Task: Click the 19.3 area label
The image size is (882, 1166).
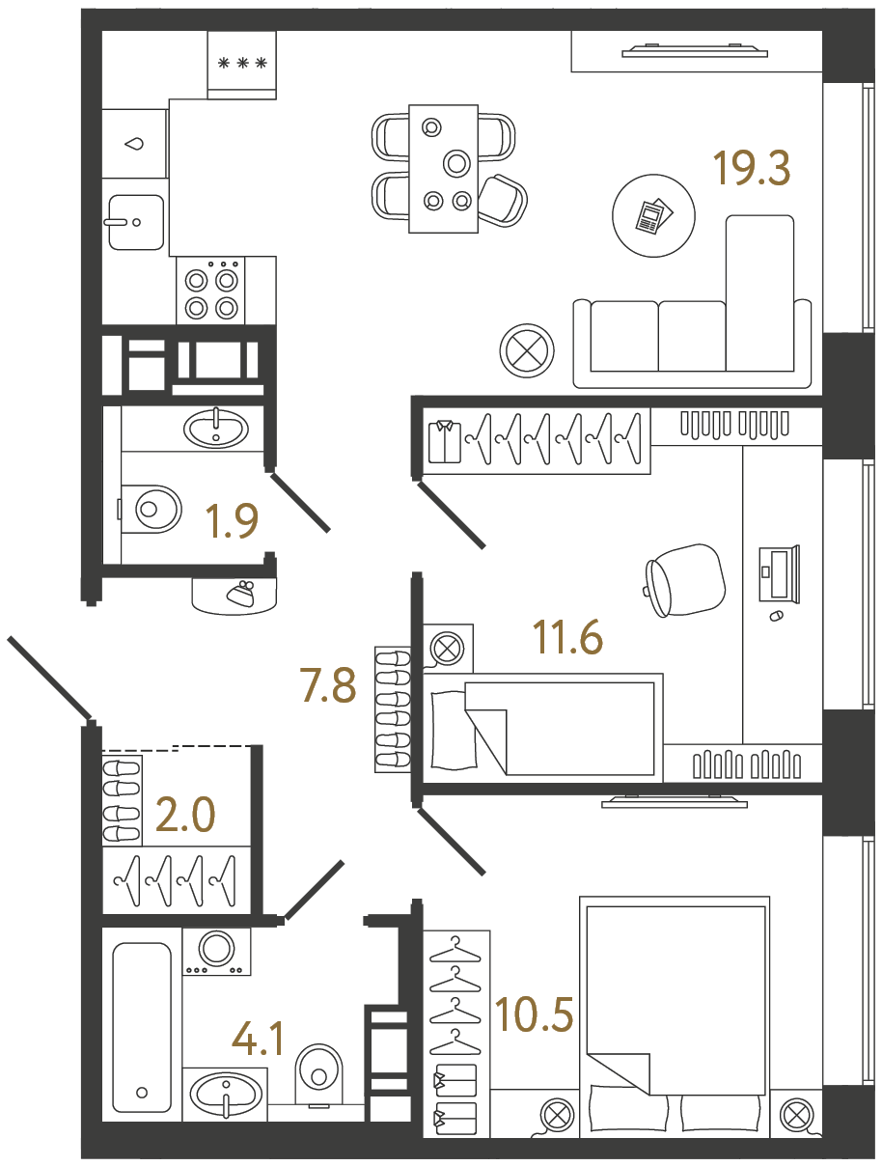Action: click(x=752, y=168)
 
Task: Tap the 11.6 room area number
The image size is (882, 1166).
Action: click(x=567, y=637)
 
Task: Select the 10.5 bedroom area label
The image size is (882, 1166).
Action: click(x=534, y=1014)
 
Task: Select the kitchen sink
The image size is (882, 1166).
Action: click(x=134, y=222)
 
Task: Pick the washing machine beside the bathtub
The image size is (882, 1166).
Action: click(x=217, y=952)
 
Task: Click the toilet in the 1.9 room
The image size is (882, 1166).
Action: click(x=152, y=507)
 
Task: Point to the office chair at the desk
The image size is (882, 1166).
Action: click(x=685, y=579)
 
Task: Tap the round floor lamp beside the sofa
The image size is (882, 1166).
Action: click(x=527, y=347)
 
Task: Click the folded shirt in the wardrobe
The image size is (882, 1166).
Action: click(x=445, y=441)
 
